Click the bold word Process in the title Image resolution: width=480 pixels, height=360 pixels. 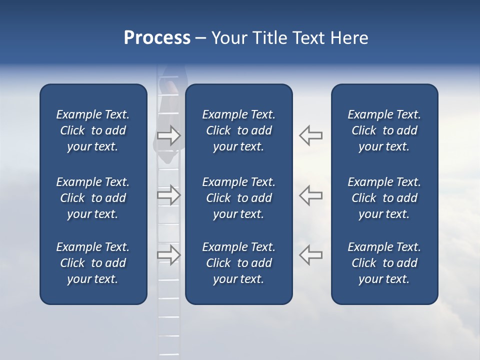click(157, 38)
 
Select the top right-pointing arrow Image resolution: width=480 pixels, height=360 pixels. click(169, 135)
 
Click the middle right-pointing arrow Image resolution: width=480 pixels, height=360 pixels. click(169, 195)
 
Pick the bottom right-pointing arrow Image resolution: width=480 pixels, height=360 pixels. click(169, 254)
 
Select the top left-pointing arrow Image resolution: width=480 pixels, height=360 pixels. click(310, 135)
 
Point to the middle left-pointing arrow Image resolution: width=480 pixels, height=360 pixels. click(310, 195)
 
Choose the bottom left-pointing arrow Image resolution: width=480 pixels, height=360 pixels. click(310, 254)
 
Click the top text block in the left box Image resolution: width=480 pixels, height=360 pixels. click(93, 130)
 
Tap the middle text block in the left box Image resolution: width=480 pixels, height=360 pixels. click(93, 198)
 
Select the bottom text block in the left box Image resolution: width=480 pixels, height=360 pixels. click(93, 263)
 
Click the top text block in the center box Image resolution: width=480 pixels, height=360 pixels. click(238, 130)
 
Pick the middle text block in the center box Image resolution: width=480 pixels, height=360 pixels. click(238, 198)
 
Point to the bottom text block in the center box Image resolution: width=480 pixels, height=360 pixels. click(238, 263)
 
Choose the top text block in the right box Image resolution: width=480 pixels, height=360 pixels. click(384, 130)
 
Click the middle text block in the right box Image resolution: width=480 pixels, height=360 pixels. click(384, 198)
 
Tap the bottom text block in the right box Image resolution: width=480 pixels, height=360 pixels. click(384, 263)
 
